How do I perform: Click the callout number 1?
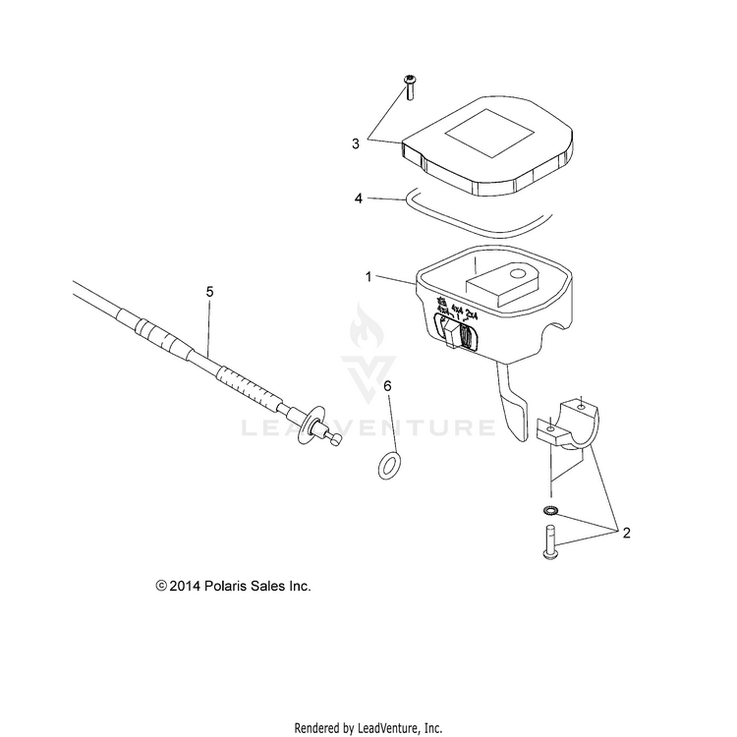point(368,277)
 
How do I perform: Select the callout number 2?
point(626,534)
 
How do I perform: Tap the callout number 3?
point(356,143)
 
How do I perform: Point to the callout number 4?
point(360,198)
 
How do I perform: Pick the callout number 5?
point(208,292)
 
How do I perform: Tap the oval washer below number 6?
point(390,461)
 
